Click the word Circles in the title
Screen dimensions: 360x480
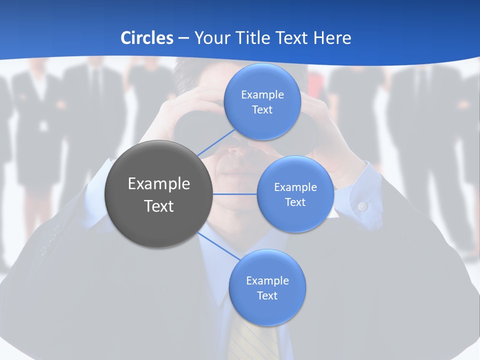pyautogui.click(x=146, y=38)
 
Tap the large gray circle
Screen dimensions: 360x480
pyautogui.click(x=158, y=194)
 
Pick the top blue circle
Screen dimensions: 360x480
pyautogui.click(x=262, y=101)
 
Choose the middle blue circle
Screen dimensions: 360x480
pyautogui.click(x=295, y=194)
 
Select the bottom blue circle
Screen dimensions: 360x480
pyautogui.click(x=267, y=287)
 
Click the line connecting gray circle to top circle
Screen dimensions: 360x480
pyautogui.click(x=216, y=142)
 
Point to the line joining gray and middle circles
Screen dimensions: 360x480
pyautogui.click(x=234, y=194)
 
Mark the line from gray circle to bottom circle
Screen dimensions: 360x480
pyautogui.click(x=219, y=246)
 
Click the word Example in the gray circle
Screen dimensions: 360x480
pyautogui.click(x=158, y=183)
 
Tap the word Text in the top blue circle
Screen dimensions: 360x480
pyautogui.click(x=262, y=110)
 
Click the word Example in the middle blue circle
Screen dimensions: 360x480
pyautogui.click(x=295, y=187)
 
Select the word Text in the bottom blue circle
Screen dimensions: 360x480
pyautogui.click(x=267, y=295)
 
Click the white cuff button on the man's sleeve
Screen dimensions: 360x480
pyautogui.click(x=362, y=205)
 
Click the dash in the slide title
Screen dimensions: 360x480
pyautogui.click(x=183, y=38)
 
